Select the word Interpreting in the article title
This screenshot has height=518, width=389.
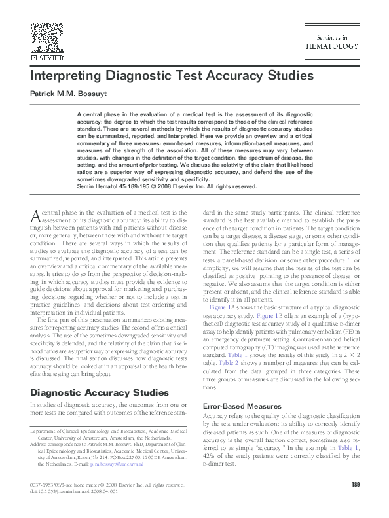point(67,75)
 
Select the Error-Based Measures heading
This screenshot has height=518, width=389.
point(242,406)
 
